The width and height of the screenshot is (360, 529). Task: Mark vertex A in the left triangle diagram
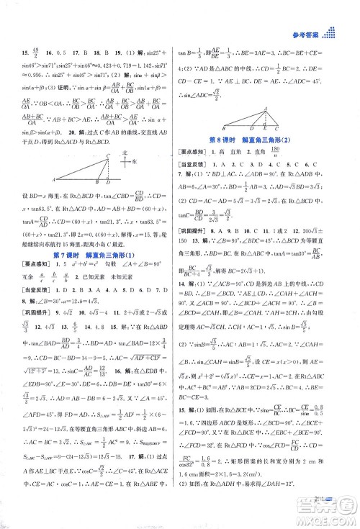[55, 179]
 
